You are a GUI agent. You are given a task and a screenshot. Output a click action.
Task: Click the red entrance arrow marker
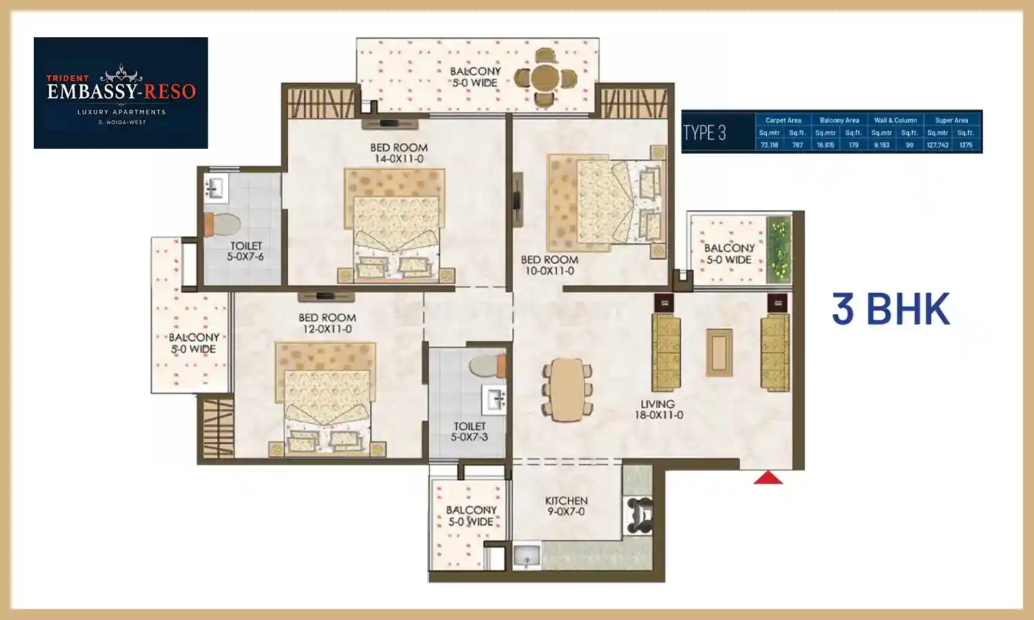pyautogui.click(x=768, y=477)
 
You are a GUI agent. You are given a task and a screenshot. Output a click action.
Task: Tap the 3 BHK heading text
pyautogui.click(x=891, y=309)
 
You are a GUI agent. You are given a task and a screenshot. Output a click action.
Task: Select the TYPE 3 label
pyautogui.click(x=704, y=132)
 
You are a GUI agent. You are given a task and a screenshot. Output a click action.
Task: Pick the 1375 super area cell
pyautogui.click(x=966, y=145)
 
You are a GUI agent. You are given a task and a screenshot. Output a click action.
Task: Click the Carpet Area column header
pyautogui.click(x=783, y=120)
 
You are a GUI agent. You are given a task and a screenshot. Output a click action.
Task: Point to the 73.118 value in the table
pyautogui.click(x=769, y=145)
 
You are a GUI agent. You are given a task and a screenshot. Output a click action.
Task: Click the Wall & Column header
pyautogui.click(x=895, y=120)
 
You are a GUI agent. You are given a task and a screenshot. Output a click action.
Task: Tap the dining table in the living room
pyautogui.click(x=567, y=389)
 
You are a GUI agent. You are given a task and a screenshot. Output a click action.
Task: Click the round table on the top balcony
pyautogui.click(x=545, y=78)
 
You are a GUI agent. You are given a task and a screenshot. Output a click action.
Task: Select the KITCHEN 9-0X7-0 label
pyautogui.click(x=566, y=506)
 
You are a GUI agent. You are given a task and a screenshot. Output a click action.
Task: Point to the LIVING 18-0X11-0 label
pyautogui.click(x=658, y=410)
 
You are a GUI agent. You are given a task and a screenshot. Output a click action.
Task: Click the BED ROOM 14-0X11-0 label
pyautogui.click(x=398, y=153)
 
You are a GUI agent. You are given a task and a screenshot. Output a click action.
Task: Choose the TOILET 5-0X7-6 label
pyautogui.click(x=246, y=251)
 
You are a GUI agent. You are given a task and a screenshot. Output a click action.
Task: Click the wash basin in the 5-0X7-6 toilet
pyautogui.click(x=215, y=187)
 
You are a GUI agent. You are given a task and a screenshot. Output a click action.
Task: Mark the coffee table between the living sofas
pyautogui.click(x=719, y=352)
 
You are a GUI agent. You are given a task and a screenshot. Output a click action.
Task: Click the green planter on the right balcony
pyautogui.click(x=780, y=249)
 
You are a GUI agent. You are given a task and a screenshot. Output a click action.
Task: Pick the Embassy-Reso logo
pyautogui.click(x=121, y=93)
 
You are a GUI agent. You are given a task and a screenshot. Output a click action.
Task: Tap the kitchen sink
pyautogui.click(x=527, y=557)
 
